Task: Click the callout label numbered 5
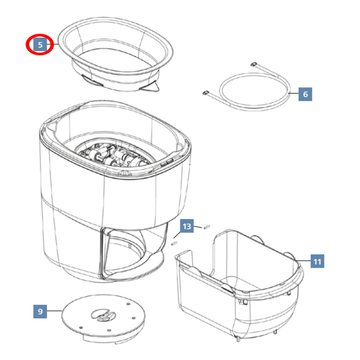point(40,45)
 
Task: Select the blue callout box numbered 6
point(305,94)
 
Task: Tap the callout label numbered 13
point(187,226)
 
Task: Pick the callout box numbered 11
point(317,261)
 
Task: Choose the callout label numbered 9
point(40,311)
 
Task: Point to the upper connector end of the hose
point(254,64)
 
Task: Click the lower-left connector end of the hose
point(206,93)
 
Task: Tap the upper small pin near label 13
point(207,227)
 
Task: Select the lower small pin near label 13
point(174,243)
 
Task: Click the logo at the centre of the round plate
point(103,315)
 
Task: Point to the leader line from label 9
point(54,310)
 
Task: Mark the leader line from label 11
point(303,261)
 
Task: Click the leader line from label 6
point(293,93)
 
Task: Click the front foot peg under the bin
point(238,339)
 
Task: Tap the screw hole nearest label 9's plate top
point(128,304)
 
